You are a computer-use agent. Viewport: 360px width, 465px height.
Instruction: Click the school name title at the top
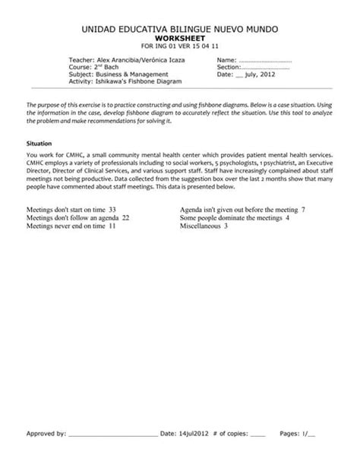coord(179,28)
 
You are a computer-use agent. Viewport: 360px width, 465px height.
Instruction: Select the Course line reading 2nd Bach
coord(94,68)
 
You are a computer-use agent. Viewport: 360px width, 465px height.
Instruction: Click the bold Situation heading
coord(39,142)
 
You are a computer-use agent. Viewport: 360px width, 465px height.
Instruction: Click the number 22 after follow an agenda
coord(125,217)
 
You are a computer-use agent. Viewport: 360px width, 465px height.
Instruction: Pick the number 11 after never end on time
coord(112,226)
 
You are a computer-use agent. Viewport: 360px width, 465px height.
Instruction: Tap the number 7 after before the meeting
coord(303,208)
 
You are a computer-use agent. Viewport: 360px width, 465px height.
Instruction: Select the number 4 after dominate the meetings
coord(287,217)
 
